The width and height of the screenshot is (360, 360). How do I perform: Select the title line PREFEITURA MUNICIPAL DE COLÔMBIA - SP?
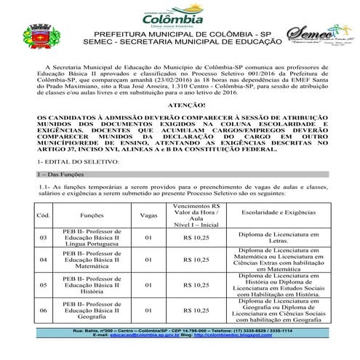coord(172,34)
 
